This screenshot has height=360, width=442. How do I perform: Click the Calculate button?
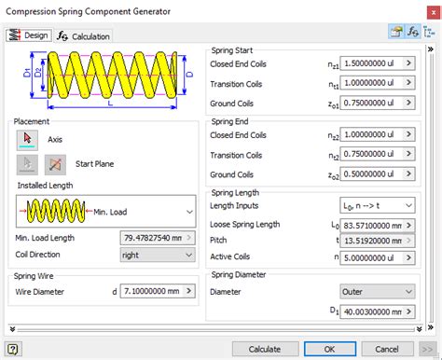(265, 349)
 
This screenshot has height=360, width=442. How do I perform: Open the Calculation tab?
(84, 35)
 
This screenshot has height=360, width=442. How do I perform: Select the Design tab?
(29, 35)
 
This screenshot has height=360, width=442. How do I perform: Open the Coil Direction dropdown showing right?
(159, 253)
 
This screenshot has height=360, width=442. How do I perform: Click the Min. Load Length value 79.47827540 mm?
(152, 237)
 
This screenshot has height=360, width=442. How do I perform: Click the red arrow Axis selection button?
(28, 139)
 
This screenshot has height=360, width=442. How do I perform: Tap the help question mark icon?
(13, 349)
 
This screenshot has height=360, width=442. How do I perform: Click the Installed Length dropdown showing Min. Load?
(105, 213)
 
